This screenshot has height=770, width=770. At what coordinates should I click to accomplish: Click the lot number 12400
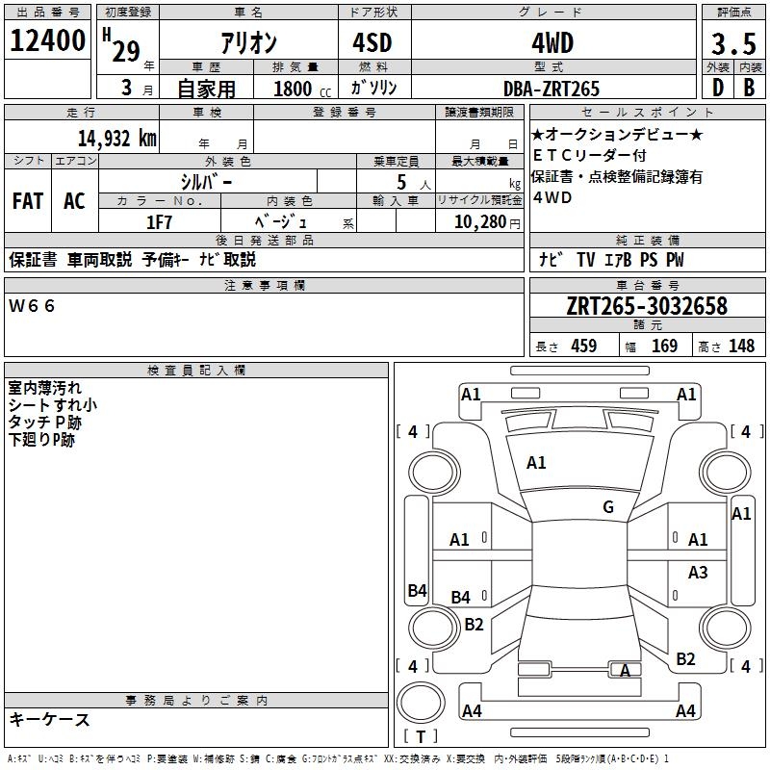coord(47,40)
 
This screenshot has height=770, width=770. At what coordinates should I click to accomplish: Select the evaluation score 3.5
coord(733,43)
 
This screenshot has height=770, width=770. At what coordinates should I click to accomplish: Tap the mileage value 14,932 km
coord(116,138)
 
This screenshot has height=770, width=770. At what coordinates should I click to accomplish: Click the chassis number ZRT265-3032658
coord(647,305)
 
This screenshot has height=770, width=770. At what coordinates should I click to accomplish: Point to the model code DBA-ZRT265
coord(552,89)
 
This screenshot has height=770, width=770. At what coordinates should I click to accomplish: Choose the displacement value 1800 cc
coord(302,89)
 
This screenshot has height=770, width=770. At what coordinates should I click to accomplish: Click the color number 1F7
coord(159,222)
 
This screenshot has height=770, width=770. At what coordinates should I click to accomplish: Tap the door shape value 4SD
coord(372,42)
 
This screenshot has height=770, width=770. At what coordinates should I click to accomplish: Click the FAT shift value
coord(28,201)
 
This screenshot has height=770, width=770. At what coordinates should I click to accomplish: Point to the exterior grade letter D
coord(718,88)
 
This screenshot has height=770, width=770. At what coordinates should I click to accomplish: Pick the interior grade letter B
coord(749,88)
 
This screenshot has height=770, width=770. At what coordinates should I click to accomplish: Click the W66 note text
coord(32,306)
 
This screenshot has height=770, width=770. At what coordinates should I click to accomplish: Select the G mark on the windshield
coord(608,507)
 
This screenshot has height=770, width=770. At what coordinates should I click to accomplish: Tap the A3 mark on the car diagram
coord(698,572)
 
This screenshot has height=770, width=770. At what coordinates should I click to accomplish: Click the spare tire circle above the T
coord(421,704)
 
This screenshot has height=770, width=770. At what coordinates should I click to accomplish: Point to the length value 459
coord(583,346)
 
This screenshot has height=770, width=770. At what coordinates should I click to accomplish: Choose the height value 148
coord(741,346)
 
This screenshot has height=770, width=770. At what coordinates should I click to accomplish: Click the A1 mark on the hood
coord(536,463)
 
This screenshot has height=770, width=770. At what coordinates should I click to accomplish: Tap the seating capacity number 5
coord(401,182)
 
